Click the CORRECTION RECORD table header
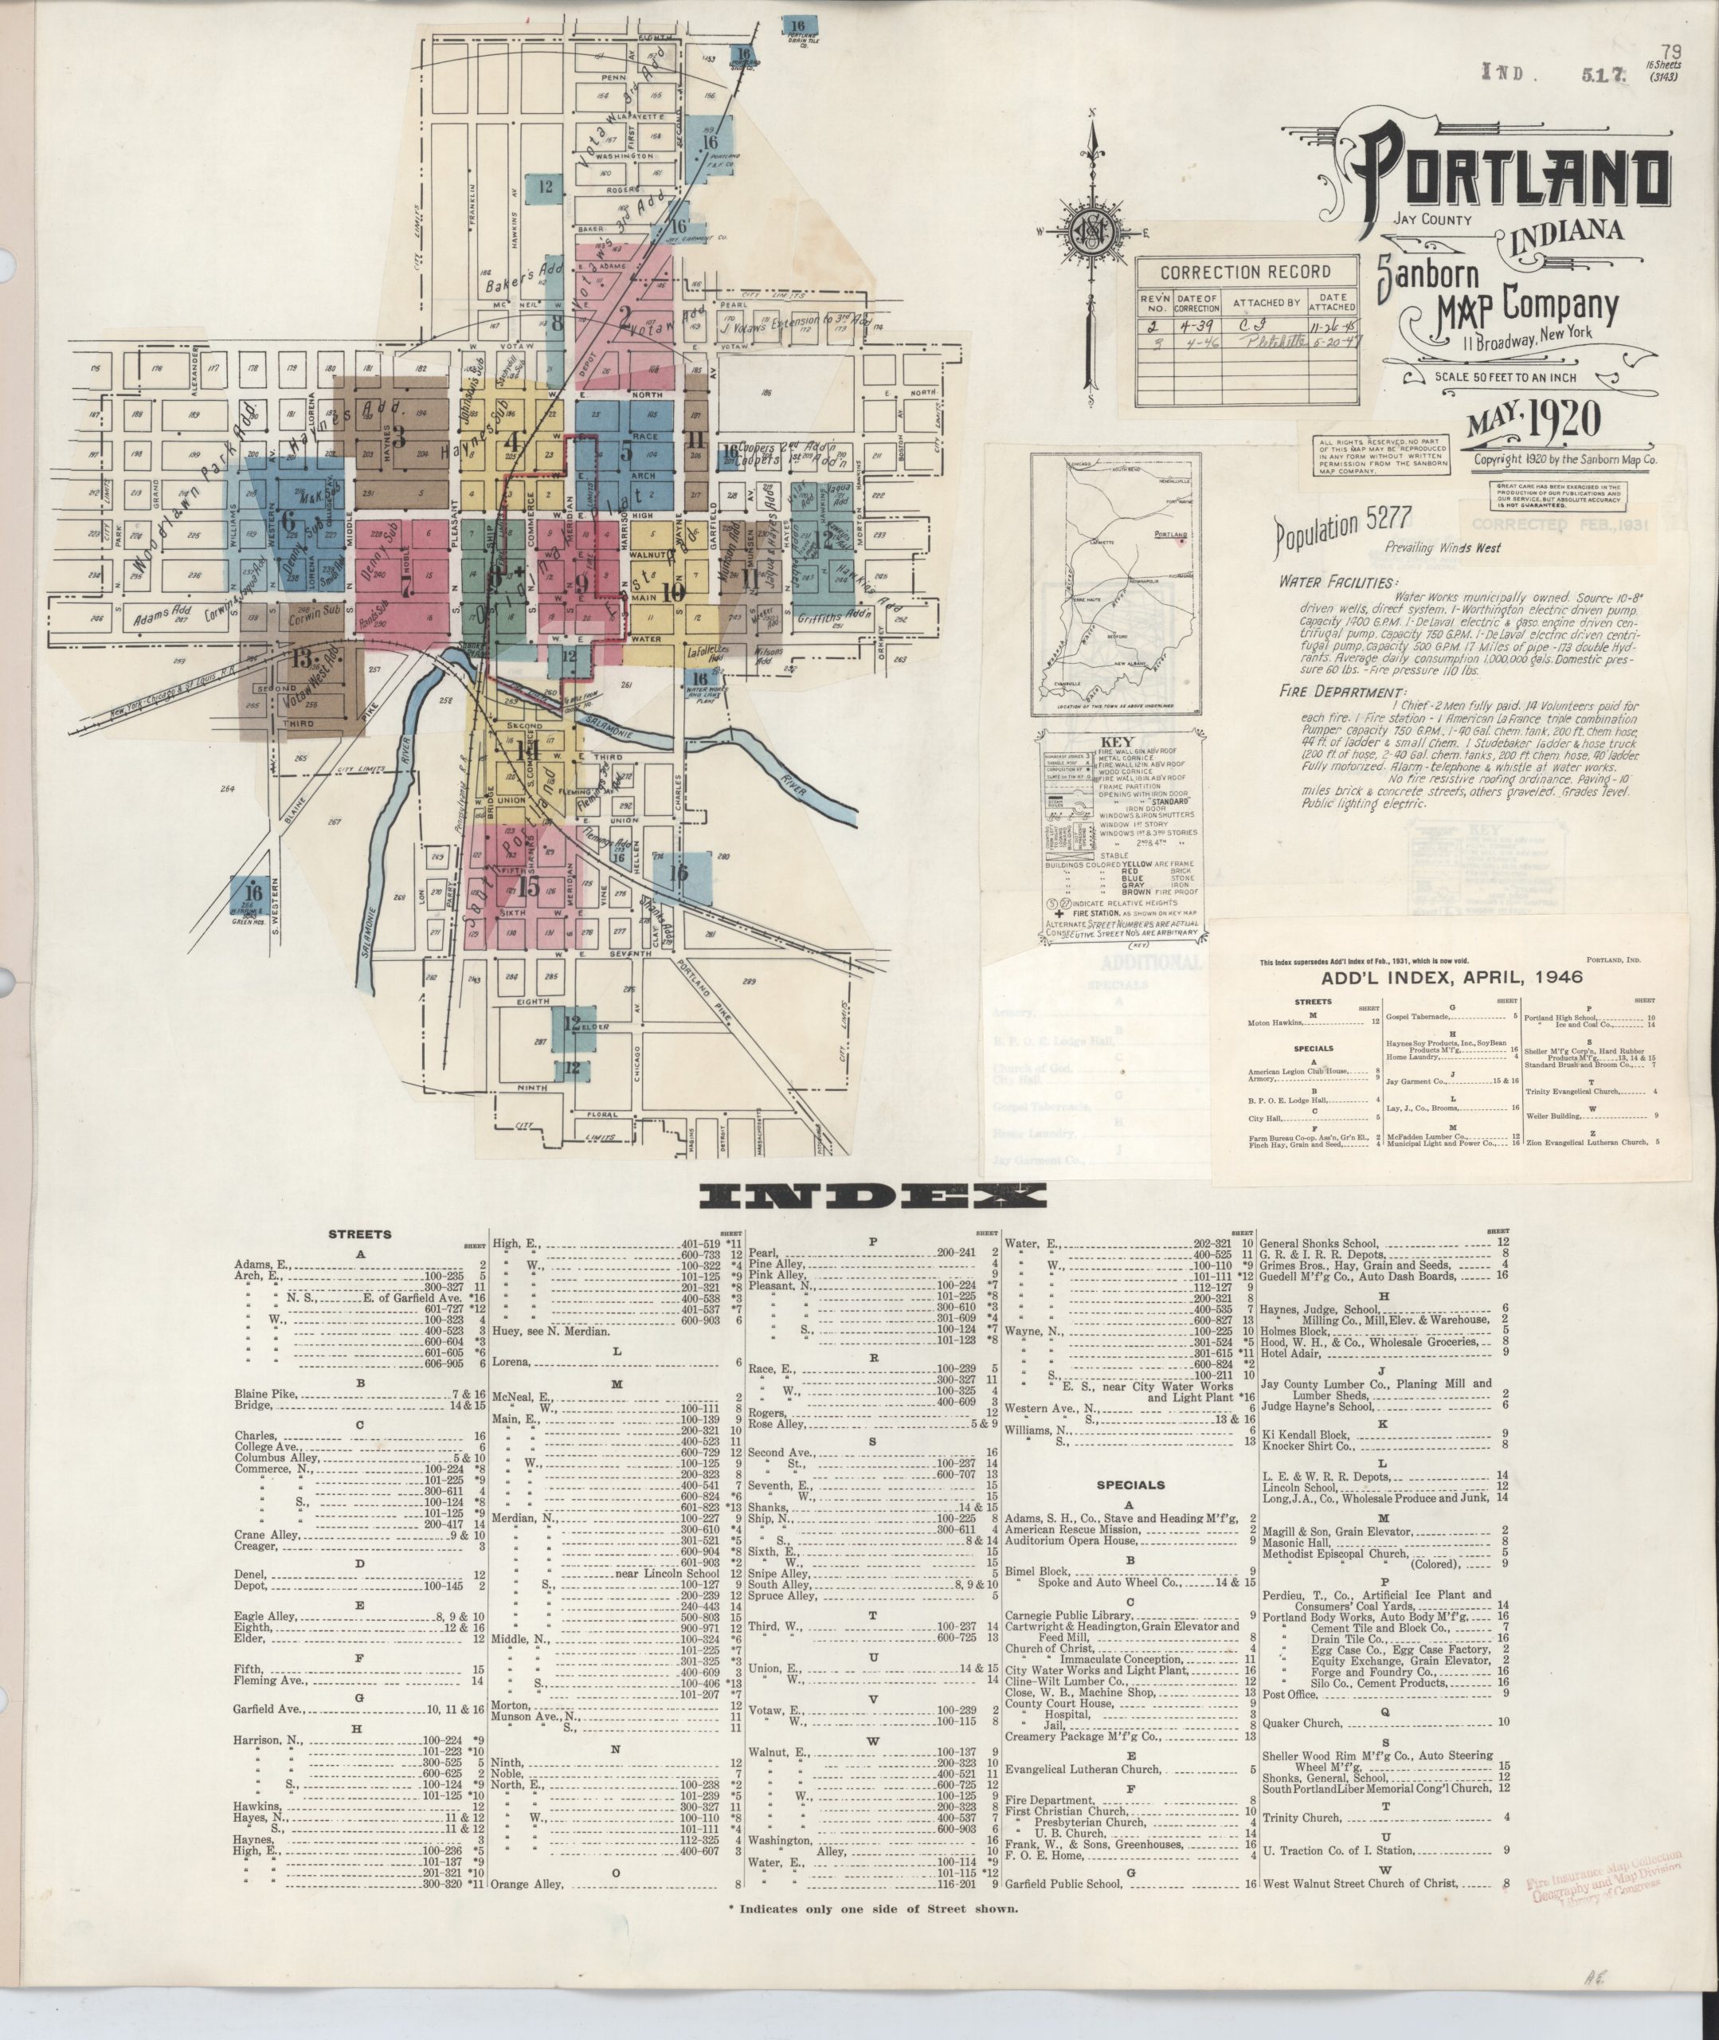tap(1244, 272)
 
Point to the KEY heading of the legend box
tap(1117, 742)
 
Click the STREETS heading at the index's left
tap(359, 1234)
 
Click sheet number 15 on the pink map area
tap(528, 887)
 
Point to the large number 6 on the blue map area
tap(288, 520)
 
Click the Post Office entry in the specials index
tap(1288, 1694)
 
